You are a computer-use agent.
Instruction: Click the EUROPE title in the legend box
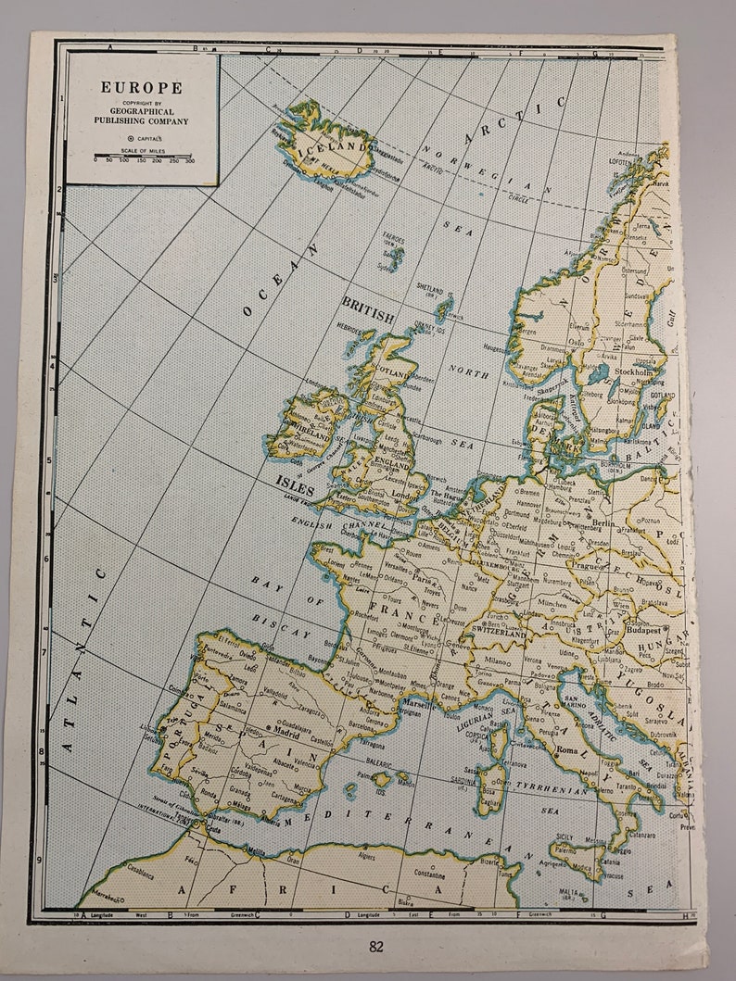click(142, 88)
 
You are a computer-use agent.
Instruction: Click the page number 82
click(375, 947)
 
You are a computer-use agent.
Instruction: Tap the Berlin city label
click(603, 522)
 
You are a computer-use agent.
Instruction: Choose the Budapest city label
click(641, 628)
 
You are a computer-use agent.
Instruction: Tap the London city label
click(402, 494)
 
